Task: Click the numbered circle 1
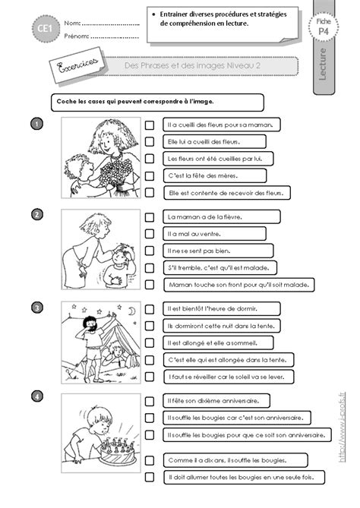(x=37, y=123)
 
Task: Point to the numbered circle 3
(x=37, y=307)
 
